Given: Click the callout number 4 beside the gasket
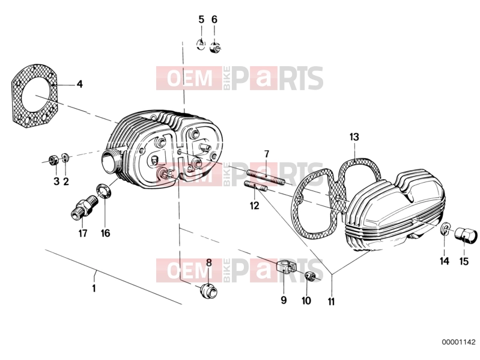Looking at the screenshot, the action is coord(79,84).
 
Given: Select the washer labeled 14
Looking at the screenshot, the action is coord(445,230).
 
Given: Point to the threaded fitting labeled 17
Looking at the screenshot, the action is coord(84,208).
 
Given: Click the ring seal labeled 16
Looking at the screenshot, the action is coord(104,192).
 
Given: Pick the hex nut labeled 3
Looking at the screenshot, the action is coord(54,160).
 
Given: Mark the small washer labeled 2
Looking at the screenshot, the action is coord(65,157).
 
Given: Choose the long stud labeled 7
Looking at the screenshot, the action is coord(266,178).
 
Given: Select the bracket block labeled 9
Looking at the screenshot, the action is coord(286,266).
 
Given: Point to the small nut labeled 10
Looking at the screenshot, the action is coord(310,276).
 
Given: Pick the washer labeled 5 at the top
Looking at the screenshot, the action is coord(201,44).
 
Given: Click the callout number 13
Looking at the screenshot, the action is coord(354,137).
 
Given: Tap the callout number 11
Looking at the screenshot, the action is coord(331,302).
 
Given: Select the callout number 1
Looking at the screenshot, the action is coord(94,288).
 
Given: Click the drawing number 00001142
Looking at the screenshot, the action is coord(458,342).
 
